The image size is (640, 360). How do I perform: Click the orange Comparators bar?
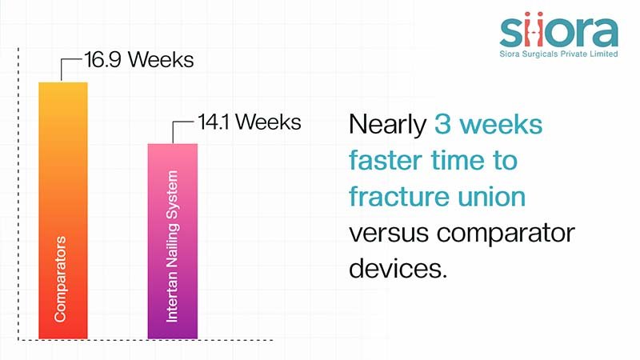63,210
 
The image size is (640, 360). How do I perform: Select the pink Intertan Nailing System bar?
173,241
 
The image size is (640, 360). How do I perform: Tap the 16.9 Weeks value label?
139,59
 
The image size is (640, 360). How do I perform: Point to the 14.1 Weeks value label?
250,122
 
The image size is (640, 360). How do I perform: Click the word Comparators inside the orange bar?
60,279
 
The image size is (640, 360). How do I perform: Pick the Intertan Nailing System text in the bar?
172,246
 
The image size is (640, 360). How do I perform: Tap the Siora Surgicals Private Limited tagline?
558,54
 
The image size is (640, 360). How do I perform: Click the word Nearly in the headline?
388,125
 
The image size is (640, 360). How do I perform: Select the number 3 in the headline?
442,123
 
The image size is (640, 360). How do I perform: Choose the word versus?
389,233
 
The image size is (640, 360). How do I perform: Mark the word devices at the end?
398,268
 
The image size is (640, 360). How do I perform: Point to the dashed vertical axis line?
18,194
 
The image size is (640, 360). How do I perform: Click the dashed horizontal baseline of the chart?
146,340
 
